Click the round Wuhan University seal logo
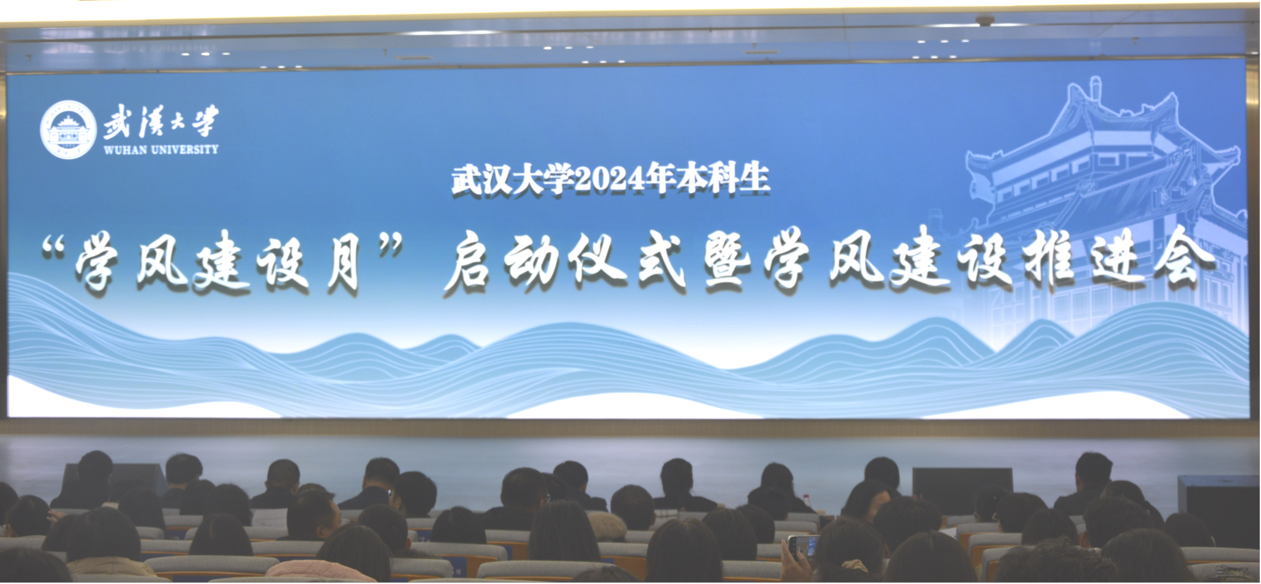(68, 129)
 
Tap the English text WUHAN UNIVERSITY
(161, 150)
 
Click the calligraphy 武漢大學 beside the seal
(161, 122)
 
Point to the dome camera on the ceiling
(985, 20)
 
